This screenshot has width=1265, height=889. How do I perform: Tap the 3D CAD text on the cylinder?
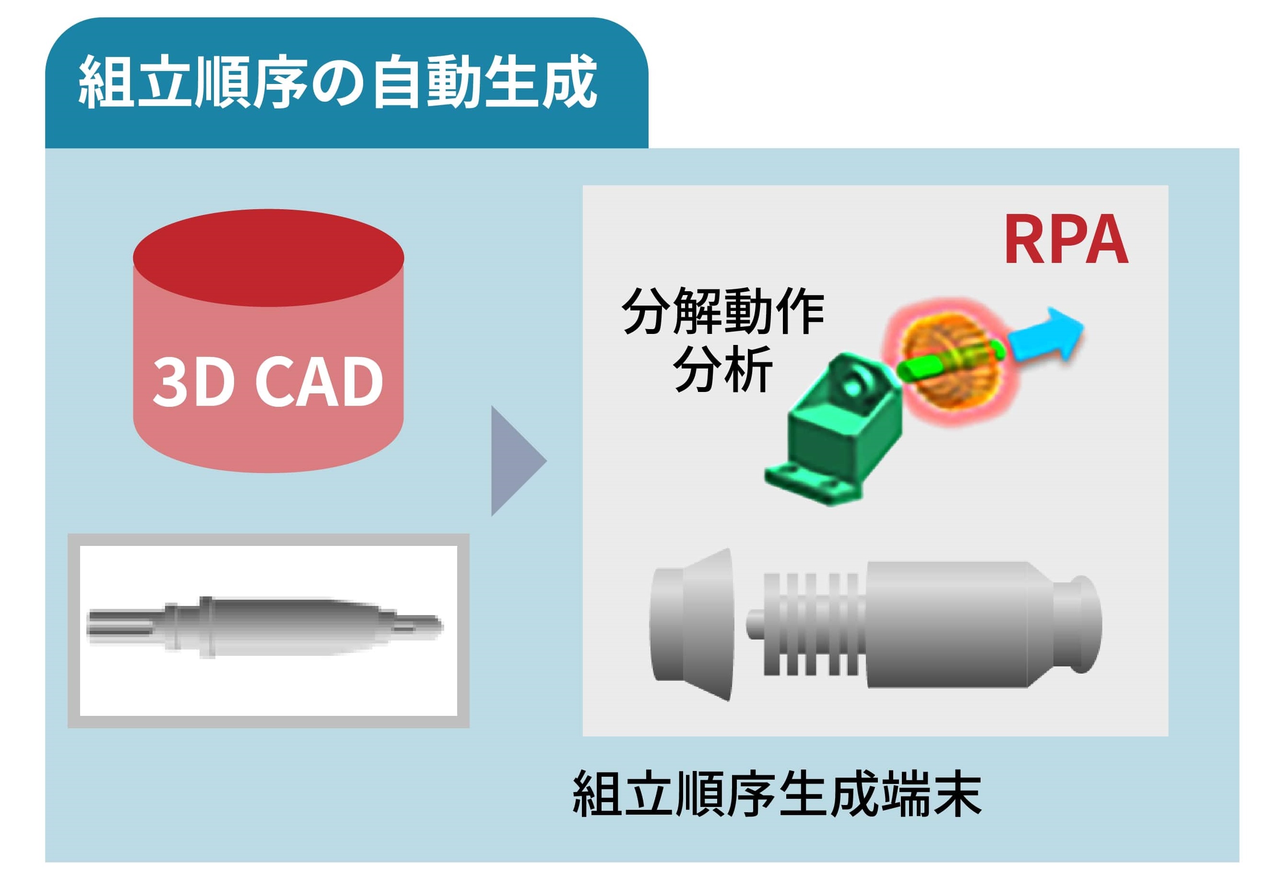tap(268, 381)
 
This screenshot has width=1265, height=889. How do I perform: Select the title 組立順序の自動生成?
tap(338, 83)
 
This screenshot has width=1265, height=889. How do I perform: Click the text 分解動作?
tap(722, 311)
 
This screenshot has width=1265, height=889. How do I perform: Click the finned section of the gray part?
tap(810, 625)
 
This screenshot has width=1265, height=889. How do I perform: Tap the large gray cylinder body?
tap(947, 625)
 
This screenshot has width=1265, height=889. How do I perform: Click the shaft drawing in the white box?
tap(264, 627)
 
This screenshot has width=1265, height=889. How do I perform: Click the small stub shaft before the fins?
tap(754, 625)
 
